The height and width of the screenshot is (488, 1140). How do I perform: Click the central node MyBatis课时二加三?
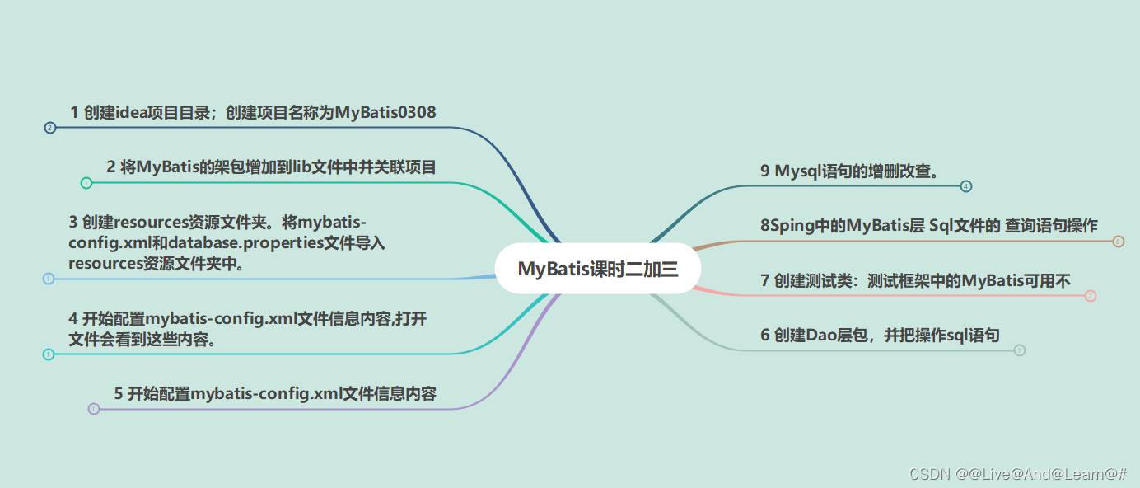(597, 269)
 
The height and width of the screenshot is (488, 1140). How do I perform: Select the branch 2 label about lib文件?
(271, 167)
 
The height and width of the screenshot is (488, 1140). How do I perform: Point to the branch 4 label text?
(247, 329)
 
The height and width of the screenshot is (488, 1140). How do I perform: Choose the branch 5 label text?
(275, 393)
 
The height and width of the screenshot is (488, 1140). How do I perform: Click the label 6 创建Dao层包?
(880, 335)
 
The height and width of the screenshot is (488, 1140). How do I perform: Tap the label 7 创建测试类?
(915, 281)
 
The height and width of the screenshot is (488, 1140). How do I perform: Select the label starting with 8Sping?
(929, 226)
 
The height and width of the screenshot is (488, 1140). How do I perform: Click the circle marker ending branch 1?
(49, 128)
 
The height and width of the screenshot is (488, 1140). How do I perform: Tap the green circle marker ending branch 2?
(86, 183)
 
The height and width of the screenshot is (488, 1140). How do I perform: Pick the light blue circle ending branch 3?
(48, 279)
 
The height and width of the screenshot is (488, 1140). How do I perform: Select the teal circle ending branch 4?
(48, 354)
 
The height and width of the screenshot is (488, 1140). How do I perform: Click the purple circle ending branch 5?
(94, 409)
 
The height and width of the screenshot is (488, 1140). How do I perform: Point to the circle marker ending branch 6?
(1020, 350)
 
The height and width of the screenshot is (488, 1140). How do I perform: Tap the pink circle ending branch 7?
(1091, 296)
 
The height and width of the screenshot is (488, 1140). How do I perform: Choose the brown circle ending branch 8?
(1118, 242)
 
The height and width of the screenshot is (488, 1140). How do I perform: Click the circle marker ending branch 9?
(966, 186)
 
